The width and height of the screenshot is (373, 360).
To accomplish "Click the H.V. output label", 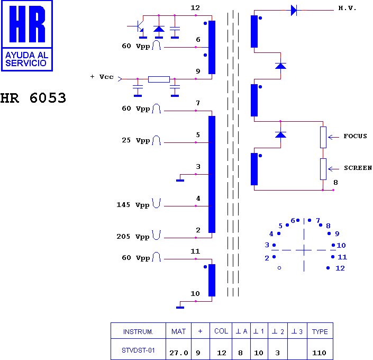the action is coord(347,8).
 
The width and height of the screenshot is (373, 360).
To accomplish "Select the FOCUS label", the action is coord(355,136).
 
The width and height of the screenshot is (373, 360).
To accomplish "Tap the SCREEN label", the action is coord(358,168).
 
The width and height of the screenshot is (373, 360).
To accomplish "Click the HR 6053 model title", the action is coord(33,98).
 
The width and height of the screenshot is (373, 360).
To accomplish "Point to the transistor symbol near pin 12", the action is coord(139,26).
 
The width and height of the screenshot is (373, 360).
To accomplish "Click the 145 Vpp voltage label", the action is coord(133,205).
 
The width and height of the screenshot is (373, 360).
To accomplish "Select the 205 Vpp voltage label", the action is coord(133,237).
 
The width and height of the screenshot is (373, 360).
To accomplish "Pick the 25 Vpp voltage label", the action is coord(136,140).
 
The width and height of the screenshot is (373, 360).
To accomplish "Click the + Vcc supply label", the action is coord(102,77).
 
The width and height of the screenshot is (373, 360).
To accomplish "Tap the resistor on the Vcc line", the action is coord(159,79).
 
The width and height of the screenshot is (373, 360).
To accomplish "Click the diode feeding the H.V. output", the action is coord(294,10).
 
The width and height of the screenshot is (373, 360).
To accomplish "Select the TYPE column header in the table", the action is coord(320,331).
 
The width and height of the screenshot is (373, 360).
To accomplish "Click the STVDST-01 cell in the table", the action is coord(138,350).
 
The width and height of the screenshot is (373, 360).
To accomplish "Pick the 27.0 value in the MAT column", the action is coord(179,353).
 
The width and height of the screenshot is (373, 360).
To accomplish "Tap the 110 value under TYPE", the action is coord(319,353).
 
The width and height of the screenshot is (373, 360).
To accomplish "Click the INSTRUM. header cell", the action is coord(138,331).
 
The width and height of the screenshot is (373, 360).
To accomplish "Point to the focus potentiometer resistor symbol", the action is coord(323,137).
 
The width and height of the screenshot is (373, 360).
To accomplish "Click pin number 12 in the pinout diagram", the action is coord(340,268).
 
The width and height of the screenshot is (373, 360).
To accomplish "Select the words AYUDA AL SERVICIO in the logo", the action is coord(26,59).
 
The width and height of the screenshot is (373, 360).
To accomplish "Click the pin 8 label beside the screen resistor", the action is coord(335,182).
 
